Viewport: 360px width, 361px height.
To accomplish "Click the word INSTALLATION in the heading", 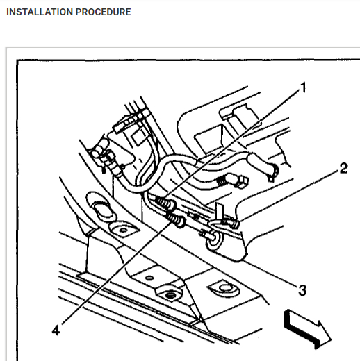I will (x=37, y=12).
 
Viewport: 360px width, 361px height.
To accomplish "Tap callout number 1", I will (x=302, y=87).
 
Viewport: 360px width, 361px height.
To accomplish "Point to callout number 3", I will (x=302, y=289).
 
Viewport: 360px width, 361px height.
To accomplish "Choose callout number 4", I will (x=55, y=329).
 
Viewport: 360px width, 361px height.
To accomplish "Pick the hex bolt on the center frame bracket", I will (x=167, y=294).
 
